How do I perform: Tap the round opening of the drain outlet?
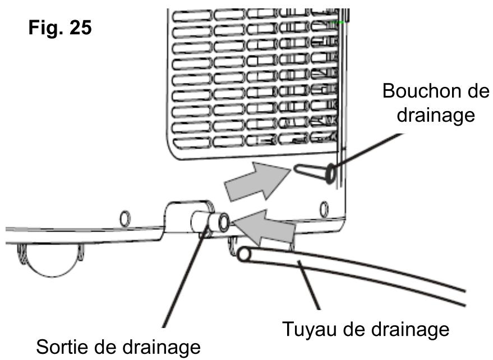pyautogui.click(x=223, y=223)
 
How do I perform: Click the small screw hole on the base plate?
pyautogui.click(x=126, y=216)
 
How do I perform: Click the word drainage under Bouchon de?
pyautogui.click(x=436, y=116)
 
